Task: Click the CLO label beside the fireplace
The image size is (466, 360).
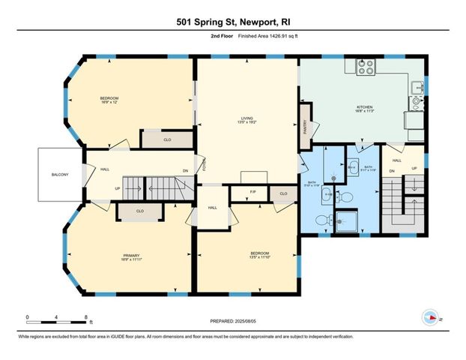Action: click(282, 193)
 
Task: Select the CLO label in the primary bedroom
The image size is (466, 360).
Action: click(140, 211)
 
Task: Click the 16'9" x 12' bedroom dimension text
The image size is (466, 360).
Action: click(109, 103)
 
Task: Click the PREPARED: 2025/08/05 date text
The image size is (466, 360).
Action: click(233, 320)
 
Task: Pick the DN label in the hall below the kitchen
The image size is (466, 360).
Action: click(392, 171)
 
